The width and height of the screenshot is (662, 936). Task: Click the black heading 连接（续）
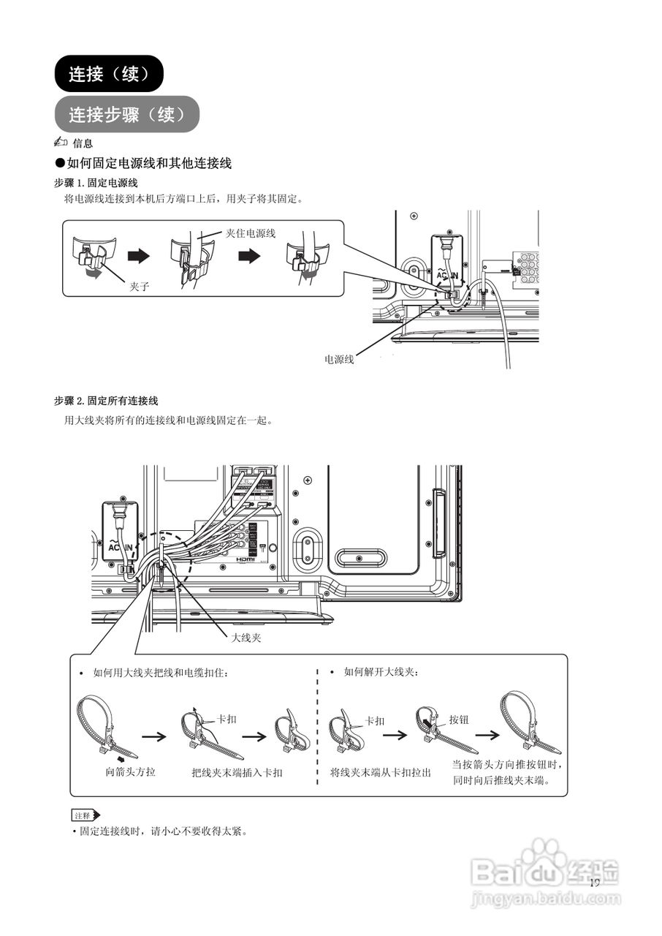[x=108, y=74]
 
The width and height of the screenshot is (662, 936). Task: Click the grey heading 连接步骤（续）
[x=126, y=115]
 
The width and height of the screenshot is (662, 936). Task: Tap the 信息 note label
[x=82, y=143]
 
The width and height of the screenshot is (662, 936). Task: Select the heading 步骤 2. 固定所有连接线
[x=106, y=401]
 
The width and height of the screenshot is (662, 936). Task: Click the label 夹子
[x=140, y=287]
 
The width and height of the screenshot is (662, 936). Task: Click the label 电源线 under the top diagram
[x=339, y=359]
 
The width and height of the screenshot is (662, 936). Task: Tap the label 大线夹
[x=246, y=638]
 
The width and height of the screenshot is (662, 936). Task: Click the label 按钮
[x=459, y=720]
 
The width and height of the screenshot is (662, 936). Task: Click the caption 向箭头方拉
[x=130, y=772]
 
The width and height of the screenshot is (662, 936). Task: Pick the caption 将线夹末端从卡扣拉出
[x=381, y=772]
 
